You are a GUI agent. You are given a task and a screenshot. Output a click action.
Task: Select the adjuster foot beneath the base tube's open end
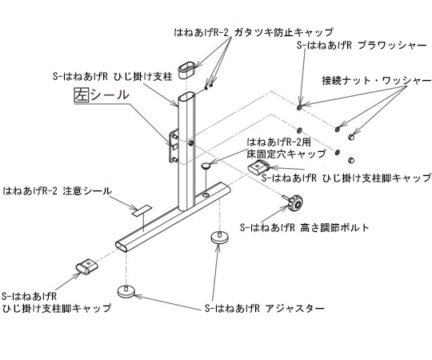click(x=126, y=290)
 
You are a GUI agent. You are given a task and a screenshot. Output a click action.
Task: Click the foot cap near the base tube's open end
click(x=87, y=265)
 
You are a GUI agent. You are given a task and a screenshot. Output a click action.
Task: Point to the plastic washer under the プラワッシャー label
click(x=298, y=104)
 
